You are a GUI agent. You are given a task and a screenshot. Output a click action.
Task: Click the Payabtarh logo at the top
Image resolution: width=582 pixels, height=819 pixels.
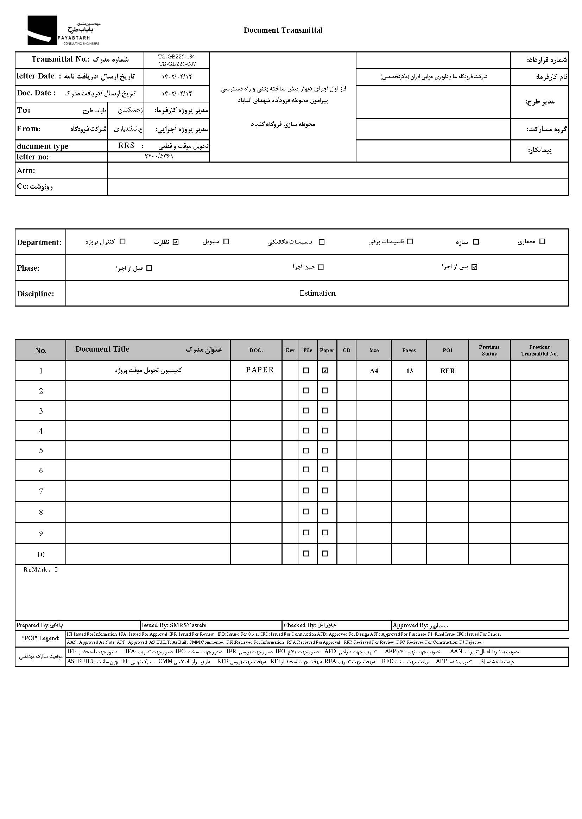pos(63,31)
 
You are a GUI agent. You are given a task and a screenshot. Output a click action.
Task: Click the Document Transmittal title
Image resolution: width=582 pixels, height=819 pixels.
pos(283,31)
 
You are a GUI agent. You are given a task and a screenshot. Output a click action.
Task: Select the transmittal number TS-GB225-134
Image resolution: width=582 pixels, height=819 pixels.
pos(177,57)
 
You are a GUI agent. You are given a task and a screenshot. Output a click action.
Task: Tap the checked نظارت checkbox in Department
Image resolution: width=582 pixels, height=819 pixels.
pos(175,242)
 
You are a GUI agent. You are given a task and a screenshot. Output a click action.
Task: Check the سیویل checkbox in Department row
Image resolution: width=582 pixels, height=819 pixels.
pos(226,242)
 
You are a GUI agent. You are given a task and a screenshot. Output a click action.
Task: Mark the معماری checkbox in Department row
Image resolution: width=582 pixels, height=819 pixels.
pos(542,241)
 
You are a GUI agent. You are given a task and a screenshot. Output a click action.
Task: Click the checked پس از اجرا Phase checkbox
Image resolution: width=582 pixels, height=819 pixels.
pos(474,267)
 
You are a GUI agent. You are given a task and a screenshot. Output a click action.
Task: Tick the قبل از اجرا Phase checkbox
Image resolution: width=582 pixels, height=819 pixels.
pos(150,268)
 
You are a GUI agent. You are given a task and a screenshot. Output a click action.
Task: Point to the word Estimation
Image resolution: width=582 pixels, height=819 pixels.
pos(317,293)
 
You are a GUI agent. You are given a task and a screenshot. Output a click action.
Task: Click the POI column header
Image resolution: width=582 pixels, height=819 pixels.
pos(447,350)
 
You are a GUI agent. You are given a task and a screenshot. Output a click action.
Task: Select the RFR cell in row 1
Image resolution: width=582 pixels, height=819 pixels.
pos(447,371)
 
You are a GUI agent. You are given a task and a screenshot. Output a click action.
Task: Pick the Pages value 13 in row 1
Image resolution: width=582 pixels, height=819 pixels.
pos(409,371)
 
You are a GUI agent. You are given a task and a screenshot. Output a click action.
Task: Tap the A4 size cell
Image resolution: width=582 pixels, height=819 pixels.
pos(374,371)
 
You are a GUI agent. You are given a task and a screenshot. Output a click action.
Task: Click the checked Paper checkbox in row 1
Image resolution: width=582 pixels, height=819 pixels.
pos(325,371)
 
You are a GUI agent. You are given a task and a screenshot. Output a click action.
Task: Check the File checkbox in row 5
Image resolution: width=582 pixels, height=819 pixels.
pos(306,451)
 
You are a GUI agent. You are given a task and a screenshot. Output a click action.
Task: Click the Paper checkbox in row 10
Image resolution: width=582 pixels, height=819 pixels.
pos(325,553)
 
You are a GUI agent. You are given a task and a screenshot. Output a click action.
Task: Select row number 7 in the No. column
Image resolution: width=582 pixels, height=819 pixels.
pos(41,491)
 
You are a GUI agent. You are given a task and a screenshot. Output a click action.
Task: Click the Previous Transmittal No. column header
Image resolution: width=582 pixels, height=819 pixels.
pos(539,350)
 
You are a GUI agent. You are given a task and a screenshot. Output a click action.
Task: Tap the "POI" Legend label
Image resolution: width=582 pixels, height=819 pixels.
pos(40,638)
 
